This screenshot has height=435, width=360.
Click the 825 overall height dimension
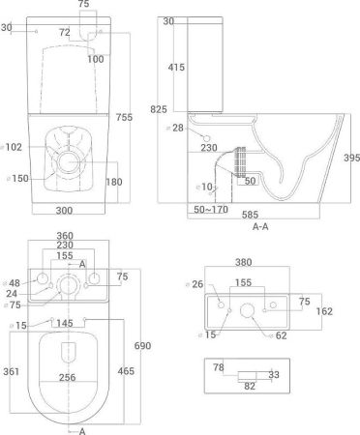[x=159, y=109]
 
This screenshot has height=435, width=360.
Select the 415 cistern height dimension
[x=176, y=67]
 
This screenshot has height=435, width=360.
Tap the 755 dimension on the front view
[x=124, y=117]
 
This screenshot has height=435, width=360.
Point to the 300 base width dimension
[x=64, y=211]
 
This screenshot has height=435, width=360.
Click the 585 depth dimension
[x=250, y=215]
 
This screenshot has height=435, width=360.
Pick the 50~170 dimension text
[x=211, y=210]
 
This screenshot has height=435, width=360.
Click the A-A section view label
[x=260, y=227]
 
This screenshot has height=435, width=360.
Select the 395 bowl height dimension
[x=351, y=158]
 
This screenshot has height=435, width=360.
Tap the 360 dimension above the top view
[x=65, y=236]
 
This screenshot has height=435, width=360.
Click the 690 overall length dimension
[x=142, y=346]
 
